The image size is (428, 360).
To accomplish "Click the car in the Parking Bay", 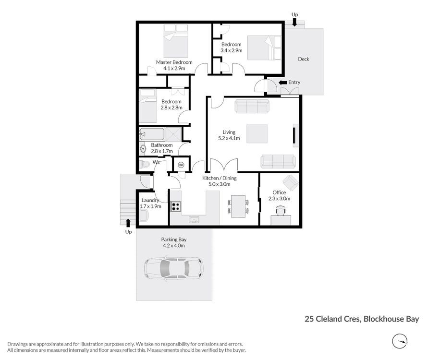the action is pyautogui.click(x=173, y=269).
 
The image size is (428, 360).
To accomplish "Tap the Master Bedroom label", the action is pyautogui.click(x=174, y=62).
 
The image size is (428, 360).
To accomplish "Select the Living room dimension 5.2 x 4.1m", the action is pyautogui.click(x=229, y=138).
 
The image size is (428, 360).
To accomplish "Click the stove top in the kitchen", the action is pyautogui.click(x=176, y=206).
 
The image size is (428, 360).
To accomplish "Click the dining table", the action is pyautogui.click(x=238, y=206).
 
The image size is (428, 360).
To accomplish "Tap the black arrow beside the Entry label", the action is pyautogui.click(x=282, y=83).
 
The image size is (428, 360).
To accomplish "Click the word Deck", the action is pyautogui.click(x=304, y=59).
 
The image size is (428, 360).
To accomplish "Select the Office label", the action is pyautogui.click(x=279, y=192).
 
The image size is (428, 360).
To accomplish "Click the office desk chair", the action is pyautogui.click(x=281, y=211).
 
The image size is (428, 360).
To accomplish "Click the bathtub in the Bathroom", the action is pyautogui.click(x=151, y=134).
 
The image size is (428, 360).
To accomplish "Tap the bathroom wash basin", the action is pyautogui.click(x=143, y=149).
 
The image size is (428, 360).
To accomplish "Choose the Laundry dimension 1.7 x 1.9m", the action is pyautogui.click(x=150, y=206).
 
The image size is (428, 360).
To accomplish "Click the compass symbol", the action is pyautogui.click(x=400, y=341).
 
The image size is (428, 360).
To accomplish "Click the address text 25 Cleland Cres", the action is pyautogui.click(x=332, y=319).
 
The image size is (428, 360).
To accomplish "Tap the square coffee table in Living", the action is pyautogui.click(x=257, y=133).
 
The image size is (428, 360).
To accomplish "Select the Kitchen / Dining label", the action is pyautogui.click(x=219, y=178).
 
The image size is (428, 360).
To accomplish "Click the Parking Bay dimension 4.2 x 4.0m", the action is pyautogui.click(x=174, y=245).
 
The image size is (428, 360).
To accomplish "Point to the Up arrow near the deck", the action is pyautogui.click(x=294, y=23).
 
